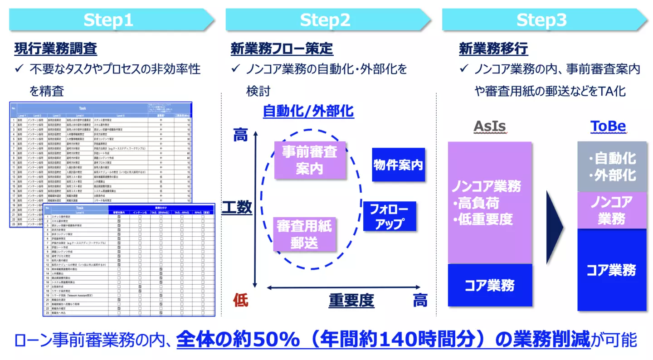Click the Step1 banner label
click(108, 20)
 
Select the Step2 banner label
click(325, 20)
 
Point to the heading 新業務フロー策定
click(282, 49)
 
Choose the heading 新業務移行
click(493, 49)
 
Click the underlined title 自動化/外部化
click(308, 111)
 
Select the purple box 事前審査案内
click(310, 160)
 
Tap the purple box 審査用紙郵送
click(304, 234)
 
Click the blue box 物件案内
click(398, 165)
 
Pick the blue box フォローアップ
click(389, 216)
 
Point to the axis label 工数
click(237, 207)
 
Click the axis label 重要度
click(351, 300)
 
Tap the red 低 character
click(241, 300)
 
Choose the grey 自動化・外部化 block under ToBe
click(612, 166)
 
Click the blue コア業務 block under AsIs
click(489, 286)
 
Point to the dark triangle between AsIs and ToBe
click(554, 227)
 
